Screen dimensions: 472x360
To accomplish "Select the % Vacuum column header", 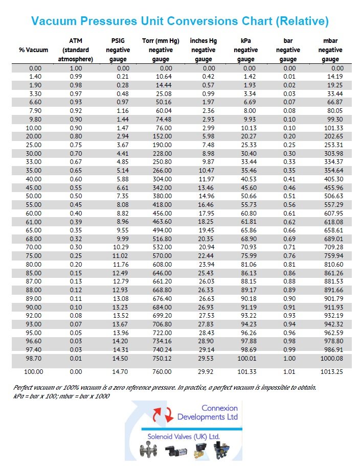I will [x=34, y=50].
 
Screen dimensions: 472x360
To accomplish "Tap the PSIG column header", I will [x=118, y=50].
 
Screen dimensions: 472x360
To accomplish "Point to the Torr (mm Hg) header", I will [x=161, y=50].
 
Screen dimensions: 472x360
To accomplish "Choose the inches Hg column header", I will [x=203, y=50].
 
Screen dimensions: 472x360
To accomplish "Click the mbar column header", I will [x=330, y=50].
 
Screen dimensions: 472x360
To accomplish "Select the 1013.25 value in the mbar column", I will [x=332, y=371].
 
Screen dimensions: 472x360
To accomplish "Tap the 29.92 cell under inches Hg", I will [x=207, y=371].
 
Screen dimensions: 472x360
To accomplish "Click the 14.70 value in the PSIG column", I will [x=121, y=371].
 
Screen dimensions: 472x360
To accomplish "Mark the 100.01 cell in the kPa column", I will [x=247, y=360].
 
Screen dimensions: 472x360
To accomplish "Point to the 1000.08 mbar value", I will [x=332, y=360].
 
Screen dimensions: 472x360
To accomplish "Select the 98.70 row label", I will [x=33, y=360].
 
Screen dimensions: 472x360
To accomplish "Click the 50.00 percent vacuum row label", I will [x=33, y=195].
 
